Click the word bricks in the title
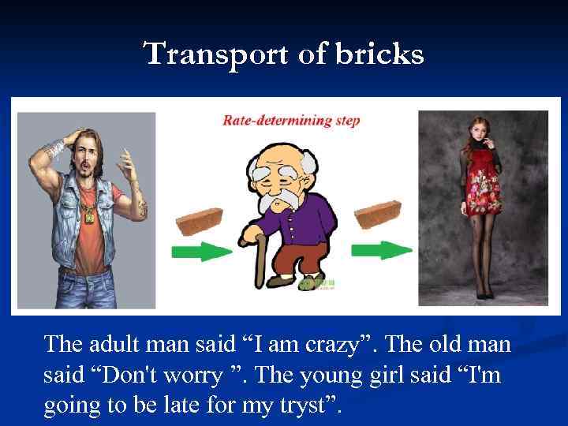(x=382, y=55)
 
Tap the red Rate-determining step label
(x=291, y=121)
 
